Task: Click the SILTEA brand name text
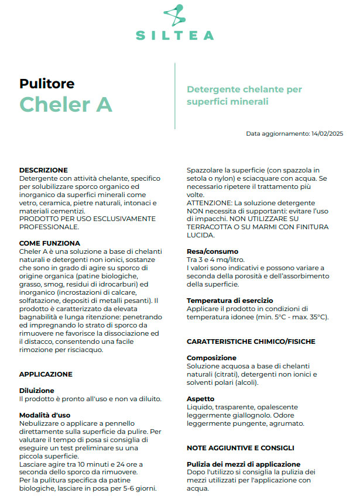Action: click(175, 36)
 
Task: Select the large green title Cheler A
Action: click(66, 104)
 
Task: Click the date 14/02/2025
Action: click(328, 134)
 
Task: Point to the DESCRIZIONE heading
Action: click(43, 170)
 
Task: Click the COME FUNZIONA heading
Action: click(50, 243)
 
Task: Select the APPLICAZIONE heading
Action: click(46, 374)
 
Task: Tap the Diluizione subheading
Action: click(36, 390)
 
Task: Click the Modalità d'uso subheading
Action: click(46, 415)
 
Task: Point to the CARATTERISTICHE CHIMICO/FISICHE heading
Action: click(251, 342)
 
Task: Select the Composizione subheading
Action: click(212, 357)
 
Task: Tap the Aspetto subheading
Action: click(200, 399)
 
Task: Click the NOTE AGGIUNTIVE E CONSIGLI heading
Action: click(240, 448)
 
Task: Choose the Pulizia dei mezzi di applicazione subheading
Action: click(243, 464)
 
